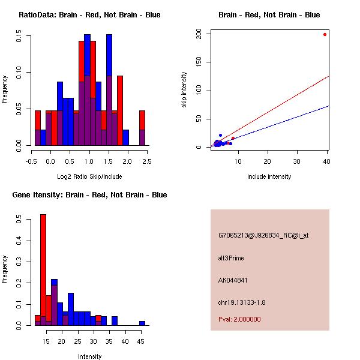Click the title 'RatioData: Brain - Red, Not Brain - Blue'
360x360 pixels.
coord(89,15)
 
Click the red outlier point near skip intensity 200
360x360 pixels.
coord(325,34)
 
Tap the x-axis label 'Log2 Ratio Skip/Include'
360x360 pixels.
coord(89,176)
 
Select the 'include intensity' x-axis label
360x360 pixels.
coord(269,176)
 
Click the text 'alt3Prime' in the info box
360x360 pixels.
coord(231,259)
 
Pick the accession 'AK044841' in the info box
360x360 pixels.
coord(233,280)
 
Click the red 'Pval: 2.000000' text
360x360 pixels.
coord(239,319)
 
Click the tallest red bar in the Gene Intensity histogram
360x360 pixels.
coord(43,270)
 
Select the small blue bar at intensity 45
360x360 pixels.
coord(142,323)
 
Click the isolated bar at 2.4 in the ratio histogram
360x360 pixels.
coord(142,128)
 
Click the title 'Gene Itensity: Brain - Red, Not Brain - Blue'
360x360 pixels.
coord(89,195)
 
